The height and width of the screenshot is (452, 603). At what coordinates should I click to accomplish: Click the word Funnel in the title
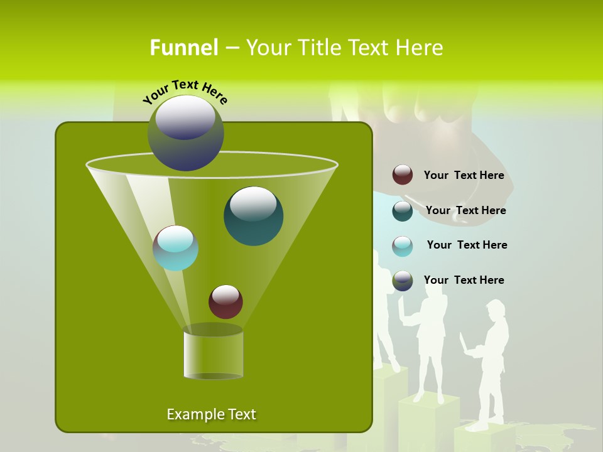(184, 48)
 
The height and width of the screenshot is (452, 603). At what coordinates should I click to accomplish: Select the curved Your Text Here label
(185, 91)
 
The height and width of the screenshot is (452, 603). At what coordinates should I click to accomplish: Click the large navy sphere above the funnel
(186, 133)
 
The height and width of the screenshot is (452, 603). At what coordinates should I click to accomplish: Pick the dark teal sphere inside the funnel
(253, 215)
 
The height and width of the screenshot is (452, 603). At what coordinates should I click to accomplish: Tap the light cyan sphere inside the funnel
(175, 248)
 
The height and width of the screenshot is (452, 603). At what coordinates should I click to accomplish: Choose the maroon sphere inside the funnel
(225, 301)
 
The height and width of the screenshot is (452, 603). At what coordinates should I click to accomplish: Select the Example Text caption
(211, 414)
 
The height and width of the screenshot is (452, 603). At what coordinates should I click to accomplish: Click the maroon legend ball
(403, 175)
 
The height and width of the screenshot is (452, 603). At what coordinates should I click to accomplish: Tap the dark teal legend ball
(403, 210)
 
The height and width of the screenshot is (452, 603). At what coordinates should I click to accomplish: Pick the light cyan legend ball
(403, 245)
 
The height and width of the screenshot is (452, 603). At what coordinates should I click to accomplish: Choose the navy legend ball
(403, 281)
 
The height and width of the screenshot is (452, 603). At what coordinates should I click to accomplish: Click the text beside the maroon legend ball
(464, 175)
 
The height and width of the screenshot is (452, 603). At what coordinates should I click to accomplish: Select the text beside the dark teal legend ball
(465, 210)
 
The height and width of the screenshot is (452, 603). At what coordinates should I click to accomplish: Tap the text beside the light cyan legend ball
(467, 245)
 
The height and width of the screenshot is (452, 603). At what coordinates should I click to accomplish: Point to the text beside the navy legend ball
(464, 280)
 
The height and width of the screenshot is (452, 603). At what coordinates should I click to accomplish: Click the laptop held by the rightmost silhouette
(465, 345)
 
